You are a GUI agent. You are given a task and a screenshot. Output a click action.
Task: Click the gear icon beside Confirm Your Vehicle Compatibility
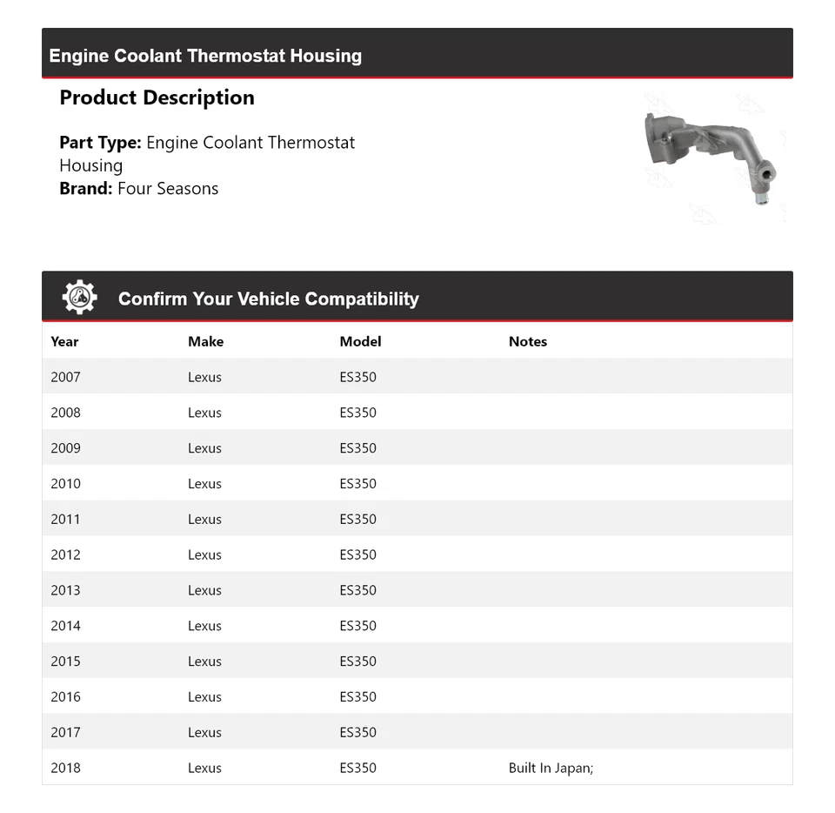[79, 298]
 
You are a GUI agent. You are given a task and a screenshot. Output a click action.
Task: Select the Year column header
[64, 341]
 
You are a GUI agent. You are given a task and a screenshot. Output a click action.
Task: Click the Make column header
[205, 341]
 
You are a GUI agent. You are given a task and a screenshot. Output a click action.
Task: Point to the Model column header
[360, 341]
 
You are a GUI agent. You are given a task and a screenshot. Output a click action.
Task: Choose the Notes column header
[527, 341]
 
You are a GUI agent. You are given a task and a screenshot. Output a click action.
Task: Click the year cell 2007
[65, 377]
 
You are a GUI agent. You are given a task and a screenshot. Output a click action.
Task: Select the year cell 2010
[65, 484]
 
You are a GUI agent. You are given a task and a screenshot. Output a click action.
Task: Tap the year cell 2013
[65, 590]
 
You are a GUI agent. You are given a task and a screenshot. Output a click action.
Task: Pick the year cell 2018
[65, 768]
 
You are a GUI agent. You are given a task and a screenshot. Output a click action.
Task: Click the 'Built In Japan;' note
[551, 768]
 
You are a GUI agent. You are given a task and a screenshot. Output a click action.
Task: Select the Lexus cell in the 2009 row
[204, 448]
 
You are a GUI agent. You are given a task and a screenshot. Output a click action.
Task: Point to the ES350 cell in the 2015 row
[357, 662]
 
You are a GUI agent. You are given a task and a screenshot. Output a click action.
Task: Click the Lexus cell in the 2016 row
[204, 697]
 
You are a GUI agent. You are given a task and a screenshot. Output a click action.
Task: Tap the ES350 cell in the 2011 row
[357, 520]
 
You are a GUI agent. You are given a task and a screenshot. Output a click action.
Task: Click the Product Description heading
[157, 97]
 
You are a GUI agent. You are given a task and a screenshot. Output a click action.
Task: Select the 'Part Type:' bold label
[100, 143]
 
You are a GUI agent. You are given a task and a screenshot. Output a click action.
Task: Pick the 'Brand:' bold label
[86, 189]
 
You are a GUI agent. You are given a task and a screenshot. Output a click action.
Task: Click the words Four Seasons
[168, 189]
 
